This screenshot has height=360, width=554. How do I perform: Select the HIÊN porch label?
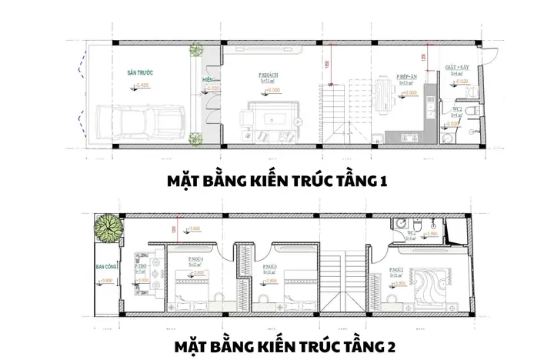(x=206, y=79)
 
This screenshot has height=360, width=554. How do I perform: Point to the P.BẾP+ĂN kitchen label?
(x=408, y=77)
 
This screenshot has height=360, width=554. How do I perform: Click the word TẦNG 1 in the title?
(x=359, y=182)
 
